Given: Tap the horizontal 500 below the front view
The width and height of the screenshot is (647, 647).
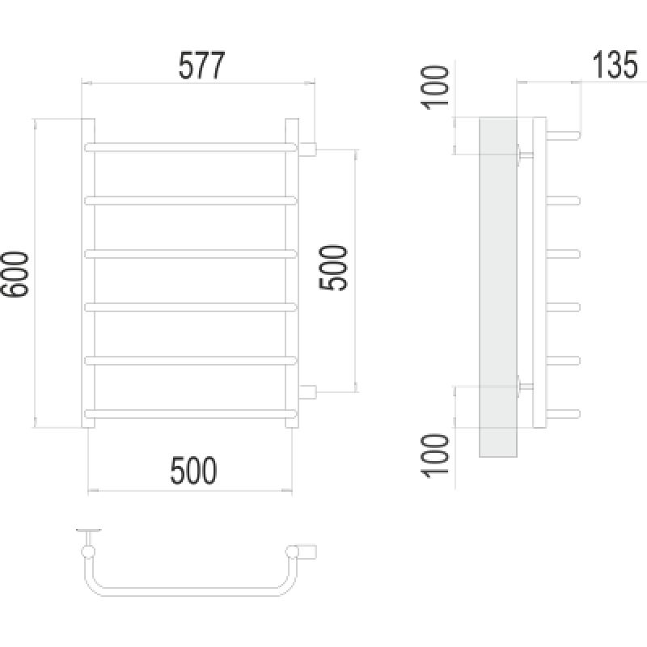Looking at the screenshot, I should click(194, 470).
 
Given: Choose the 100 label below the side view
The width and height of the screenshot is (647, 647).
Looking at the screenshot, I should click(438, 458).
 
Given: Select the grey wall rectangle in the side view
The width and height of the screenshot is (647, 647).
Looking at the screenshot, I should click(497, 287).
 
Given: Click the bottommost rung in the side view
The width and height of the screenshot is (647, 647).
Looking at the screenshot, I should click(564, 414).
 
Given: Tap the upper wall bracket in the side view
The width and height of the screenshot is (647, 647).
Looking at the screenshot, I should click(524, 154).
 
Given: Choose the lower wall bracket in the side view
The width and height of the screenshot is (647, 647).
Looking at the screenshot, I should click(524, 387).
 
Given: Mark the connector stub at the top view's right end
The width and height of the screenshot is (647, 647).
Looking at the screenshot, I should click(308, 551).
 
